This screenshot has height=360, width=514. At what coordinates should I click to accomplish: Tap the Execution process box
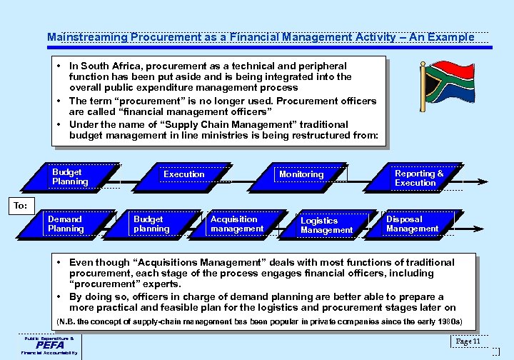(183, 174)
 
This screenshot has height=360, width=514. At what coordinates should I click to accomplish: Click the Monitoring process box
(301, 174)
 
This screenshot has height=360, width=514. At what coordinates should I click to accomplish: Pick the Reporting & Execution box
(418, 178)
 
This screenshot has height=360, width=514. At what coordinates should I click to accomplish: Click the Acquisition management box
(236, 224)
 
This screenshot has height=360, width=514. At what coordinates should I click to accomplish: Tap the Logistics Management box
(326, 226)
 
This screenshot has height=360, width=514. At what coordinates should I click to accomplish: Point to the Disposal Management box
(412, 224)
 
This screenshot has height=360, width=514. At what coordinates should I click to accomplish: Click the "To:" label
(21, 205)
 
